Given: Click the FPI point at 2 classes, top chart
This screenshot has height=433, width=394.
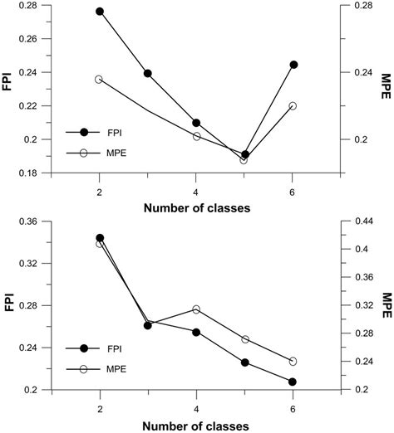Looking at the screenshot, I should [100, 12].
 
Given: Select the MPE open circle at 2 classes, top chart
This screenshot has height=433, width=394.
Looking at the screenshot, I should [100, 79].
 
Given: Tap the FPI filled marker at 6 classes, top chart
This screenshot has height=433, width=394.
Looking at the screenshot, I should [293, 65].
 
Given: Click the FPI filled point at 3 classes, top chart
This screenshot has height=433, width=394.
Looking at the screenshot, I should [148, 73].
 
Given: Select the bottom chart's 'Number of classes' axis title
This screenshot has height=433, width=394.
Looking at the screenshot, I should [196, 422].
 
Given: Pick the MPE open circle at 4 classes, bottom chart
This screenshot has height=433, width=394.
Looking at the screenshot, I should [196, 309].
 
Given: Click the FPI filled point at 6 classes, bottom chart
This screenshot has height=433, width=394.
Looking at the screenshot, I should [293, 382].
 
